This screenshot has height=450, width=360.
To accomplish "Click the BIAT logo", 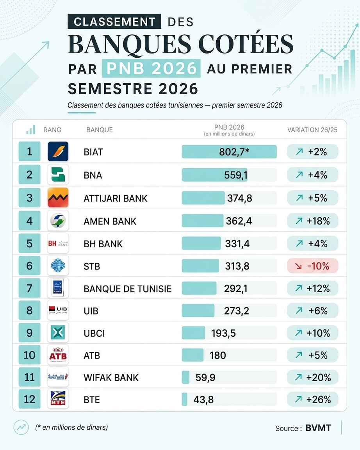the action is [x=58, y=151].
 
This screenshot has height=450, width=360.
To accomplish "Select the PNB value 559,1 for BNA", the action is [x=236, y=175].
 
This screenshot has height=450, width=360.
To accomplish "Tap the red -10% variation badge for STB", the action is [x=313, y=266].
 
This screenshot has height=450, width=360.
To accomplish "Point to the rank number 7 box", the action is [x=30, y=288].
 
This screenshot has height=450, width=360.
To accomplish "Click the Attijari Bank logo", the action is [x=58, y=198].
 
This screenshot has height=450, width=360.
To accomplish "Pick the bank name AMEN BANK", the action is [x=110, y=221].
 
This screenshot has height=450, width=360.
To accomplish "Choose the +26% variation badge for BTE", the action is [x=313, y=399].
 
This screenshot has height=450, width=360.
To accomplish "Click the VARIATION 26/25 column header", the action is [x=312, y=130].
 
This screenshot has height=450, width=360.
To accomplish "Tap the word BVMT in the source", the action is [x=318, y=428].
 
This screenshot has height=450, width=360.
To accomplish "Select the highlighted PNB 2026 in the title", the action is [x=151, y=68].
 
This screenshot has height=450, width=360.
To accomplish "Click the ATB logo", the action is [x=58, y=355].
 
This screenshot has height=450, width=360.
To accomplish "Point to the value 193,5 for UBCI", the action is [x=223, y=333].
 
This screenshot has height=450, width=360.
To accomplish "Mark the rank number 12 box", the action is [x=30, y=399].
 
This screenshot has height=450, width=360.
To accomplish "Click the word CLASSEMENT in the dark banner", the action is [x=114, y=21].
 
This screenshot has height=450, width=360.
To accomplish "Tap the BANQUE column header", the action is [x=100, y=130].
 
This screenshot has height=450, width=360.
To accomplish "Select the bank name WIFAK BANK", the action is [x=111, y=378].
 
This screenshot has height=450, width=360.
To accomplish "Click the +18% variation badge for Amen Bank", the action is [x=313, y=221].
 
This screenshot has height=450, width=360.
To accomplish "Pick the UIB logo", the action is [x=58, y=310].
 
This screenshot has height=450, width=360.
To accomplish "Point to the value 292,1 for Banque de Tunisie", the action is [x=236, y=288].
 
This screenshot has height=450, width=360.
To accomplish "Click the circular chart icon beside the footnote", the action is [x=21, y=427].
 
